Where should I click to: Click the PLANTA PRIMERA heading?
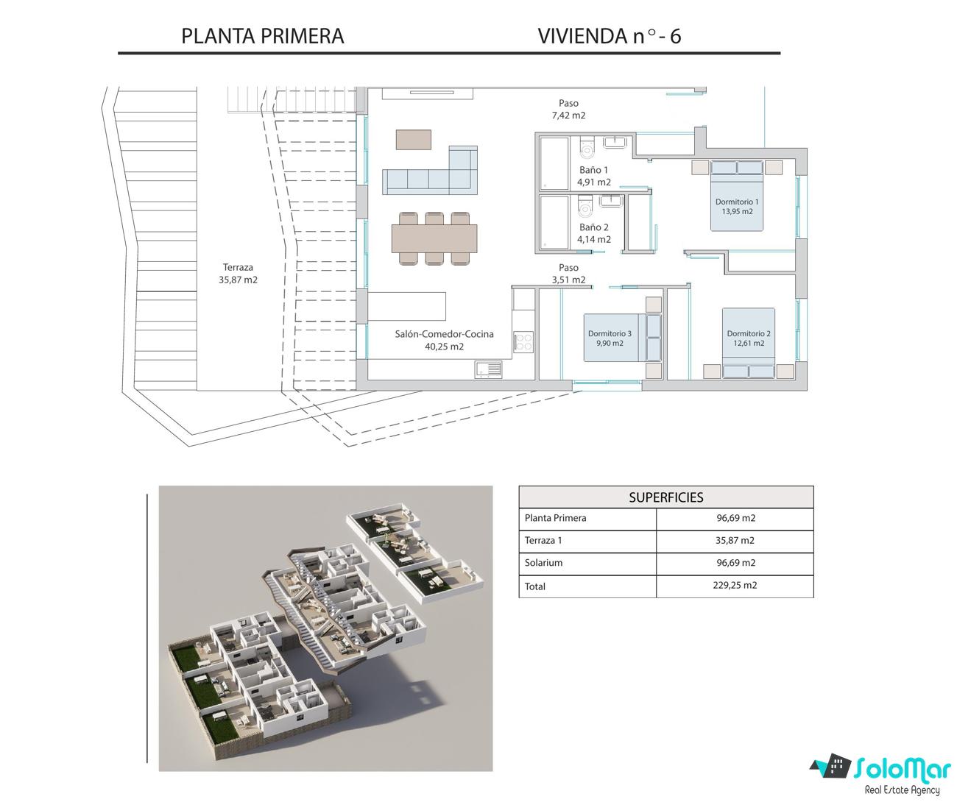263,36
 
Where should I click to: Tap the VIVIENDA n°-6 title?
609,36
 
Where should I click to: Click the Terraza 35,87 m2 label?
238,274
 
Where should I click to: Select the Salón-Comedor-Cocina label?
444,341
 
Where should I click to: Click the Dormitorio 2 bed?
749,343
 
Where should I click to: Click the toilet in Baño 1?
586,147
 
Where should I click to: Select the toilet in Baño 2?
585,205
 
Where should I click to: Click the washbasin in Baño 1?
615,142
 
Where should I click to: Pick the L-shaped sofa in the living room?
430,171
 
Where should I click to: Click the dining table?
434,238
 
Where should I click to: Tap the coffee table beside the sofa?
414,139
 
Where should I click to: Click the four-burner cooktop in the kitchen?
523,341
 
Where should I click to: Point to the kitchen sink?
489,369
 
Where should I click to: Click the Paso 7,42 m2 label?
568,109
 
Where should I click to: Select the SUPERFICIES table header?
666,497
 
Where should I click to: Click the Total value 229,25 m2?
735,586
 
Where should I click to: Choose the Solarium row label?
543,563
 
